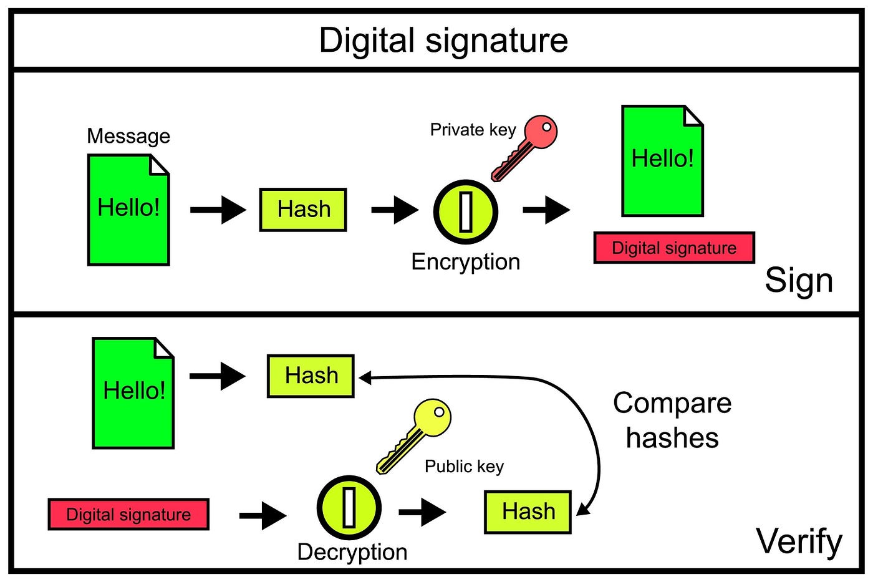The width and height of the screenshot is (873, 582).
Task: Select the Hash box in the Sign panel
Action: tap(303, 210)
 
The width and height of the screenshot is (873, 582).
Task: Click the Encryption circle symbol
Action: tap(466, 211)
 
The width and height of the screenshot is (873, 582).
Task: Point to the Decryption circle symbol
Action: tap(349, 507)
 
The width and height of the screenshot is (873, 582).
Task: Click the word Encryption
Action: tap(465, 262)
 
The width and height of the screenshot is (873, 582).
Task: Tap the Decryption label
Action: tap(352, 552)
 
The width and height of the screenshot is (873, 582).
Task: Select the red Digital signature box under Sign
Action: tap(674, 248)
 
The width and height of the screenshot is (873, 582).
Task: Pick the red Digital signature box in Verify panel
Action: tap(128, 515)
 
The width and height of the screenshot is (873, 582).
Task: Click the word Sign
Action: tap(799, 281)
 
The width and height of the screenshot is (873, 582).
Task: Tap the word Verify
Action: tap(799, 541)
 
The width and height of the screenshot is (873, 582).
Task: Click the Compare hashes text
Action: tap(672, 420)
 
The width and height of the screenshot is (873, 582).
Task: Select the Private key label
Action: tap(473, 130)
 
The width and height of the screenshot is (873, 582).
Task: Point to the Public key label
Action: tap(464, 467)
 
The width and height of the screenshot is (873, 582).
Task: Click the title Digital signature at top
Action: tap(443, 41)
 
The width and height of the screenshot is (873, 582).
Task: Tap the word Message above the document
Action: tap(128, 136)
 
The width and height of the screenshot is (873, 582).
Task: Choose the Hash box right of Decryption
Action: tap(528, 512)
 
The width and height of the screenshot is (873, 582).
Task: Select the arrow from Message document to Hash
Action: tap(218, 210)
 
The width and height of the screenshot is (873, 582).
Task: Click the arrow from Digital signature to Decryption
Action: tap(263, 515)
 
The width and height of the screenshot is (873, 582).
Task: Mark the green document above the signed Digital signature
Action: tap(662, 161)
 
